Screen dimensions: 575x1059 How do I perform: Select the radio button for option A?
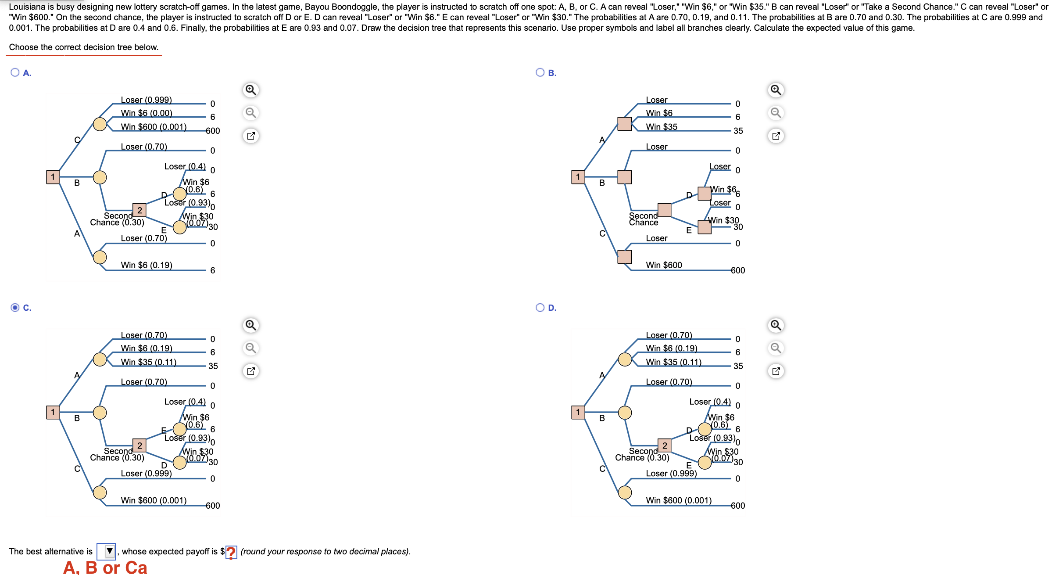tap(15, 72)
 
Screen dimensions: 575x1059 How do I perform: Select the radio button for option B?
tap(540, 72)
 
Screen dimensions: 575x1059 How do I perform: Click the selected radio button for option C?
tap(15, 307)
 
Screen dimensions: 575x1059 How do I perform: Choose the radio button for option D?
tap(540, 307)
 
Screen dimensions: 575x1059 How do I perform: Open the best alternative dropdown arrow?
tap(109, 551)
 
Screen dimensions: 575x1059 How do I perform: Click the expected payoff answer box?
tap(231, 552)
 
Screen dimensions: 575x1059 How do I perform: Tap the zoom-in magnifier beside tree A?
tap(250, 90)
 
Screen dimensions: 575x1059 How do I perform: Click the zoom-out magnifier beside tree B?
tap(776, 113)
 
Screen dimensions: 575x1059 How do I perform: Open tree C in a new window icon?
tap(250, 371)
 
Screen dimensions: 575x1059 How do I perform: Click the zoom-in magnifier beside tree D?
tap(776, 325)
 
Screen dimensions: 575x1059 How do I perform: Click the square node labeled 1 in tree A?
tap(53, 177)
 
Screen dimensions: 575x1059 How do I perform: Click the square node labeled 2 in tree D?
tap(664, 446)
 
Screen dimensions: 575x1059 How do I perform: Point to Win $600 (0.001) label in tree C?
tap(154, 500)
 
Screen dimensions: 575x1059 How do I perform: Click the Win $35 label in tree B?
tap(662, 126)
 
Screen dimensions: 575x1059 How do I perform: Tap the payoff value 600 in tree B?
tap(738, 270)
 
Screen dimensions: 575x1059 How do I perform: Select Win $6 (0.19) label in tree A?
tap(147, 265)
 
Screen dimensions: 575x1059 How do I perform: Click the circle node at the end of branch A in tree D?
tap(625, 359)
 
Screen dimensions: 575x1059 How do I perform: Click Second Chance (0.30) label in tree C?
tap(117, 454)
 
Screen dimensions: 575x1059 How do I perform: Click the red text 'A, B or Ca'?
tap(105, 567)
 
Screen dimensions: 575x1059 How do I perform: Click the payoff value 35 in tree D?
tap(738, 366)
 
